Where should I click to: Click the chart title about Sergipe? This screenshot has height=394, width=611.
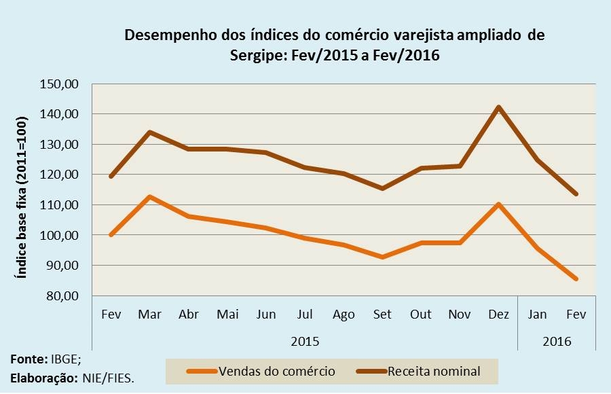pos(335,45)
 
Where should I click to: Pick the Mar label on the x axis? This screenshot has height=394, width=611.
pos(149,315)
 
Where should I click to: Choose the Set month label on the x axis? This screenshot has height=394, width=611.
pos(382,315)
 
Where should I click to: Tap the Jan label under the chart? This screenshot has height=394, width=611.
pos(537,315)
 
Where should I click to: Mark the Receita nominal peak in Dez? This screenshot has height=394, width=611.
pos(498,107)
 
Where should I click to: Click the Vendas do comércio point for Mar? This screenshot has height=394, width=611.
pos(149,197)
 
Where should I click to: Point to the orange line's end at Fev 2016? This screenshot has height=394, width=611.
pos(576,279)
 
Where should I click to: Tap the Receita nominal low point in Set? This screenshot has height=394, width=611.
pos(382,188)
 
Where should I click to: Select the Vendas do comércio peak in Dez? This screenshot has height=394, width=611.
pos(498,204)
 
